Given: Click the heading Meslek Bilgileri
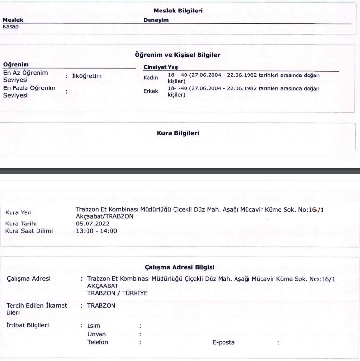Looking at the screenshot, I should pos(180,11).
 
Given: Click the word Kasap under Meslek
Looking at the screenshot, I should pos(11,27).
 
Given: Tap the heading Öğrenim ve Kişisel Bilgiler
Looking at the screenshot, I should pos(179,56).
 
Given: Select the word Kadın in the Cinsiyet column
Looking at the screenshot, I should pos(151,78).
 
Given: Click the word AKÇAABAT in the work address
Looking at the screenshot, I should pos(100,286).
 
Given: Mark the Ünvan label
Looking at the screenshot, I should pos(97,334).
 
